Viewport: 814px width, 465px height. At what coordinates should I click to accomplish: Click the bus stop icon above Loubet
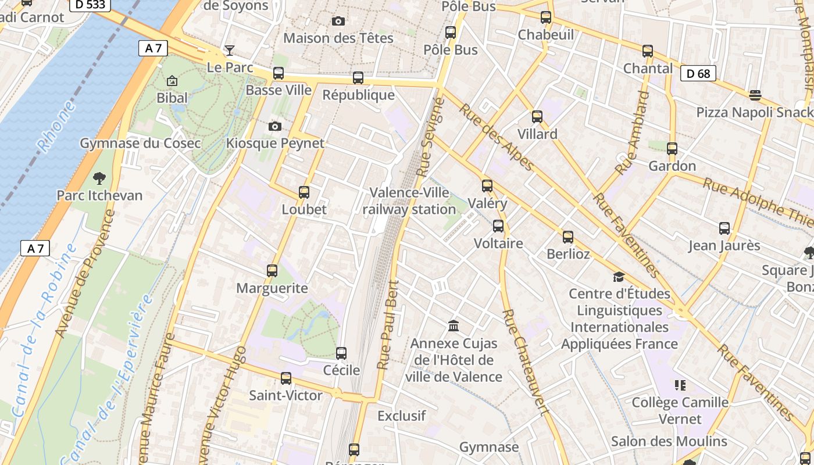(x=304, y=192)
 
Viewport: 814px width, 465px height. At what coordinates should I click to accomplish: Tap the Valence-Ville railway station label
(x=409, y=201)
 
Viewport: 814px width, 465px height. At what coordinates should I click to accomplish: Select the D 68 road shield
(x=698, y=73)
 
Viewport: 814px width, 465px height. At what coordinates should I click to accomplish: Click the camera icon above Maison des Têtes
(x=338, y=22)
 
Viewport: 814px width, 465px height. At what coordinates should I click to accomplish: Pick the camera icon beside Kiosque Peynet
(x=275, y=126)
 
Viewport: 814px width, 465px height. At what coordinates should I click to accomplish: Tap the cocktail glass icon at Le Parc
(x=230, y=51)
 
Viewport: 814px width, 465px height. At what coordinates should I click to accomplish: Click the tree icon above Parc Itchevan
(x=99, y=178)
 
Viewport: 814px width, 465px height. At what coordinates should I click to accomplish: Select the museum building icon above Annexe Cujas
(x=454, y=326)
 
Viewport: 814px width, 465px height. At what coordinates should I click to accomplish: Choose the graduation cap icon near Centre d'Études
(x=619, y=277)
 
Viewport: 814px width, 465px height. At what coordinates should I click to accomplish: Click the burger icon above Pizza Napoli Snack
(x=755, y=95)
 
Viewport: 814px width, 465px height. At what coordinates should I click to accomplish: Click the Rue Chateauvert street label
(x=526, y=363)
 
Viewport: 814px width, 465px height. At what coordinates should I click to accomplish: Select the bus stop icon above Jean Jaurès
(x=724, y=228)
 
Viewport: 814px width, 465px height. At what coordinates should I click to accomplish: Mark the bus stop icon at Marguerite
(x=272, y=271)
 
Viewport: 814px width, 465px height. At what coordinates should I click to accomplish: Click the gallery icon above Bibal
(x=172, y=81)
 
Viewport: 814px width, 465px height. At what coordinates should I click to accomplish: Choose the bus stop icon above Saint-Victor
(x=286, y=378)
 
